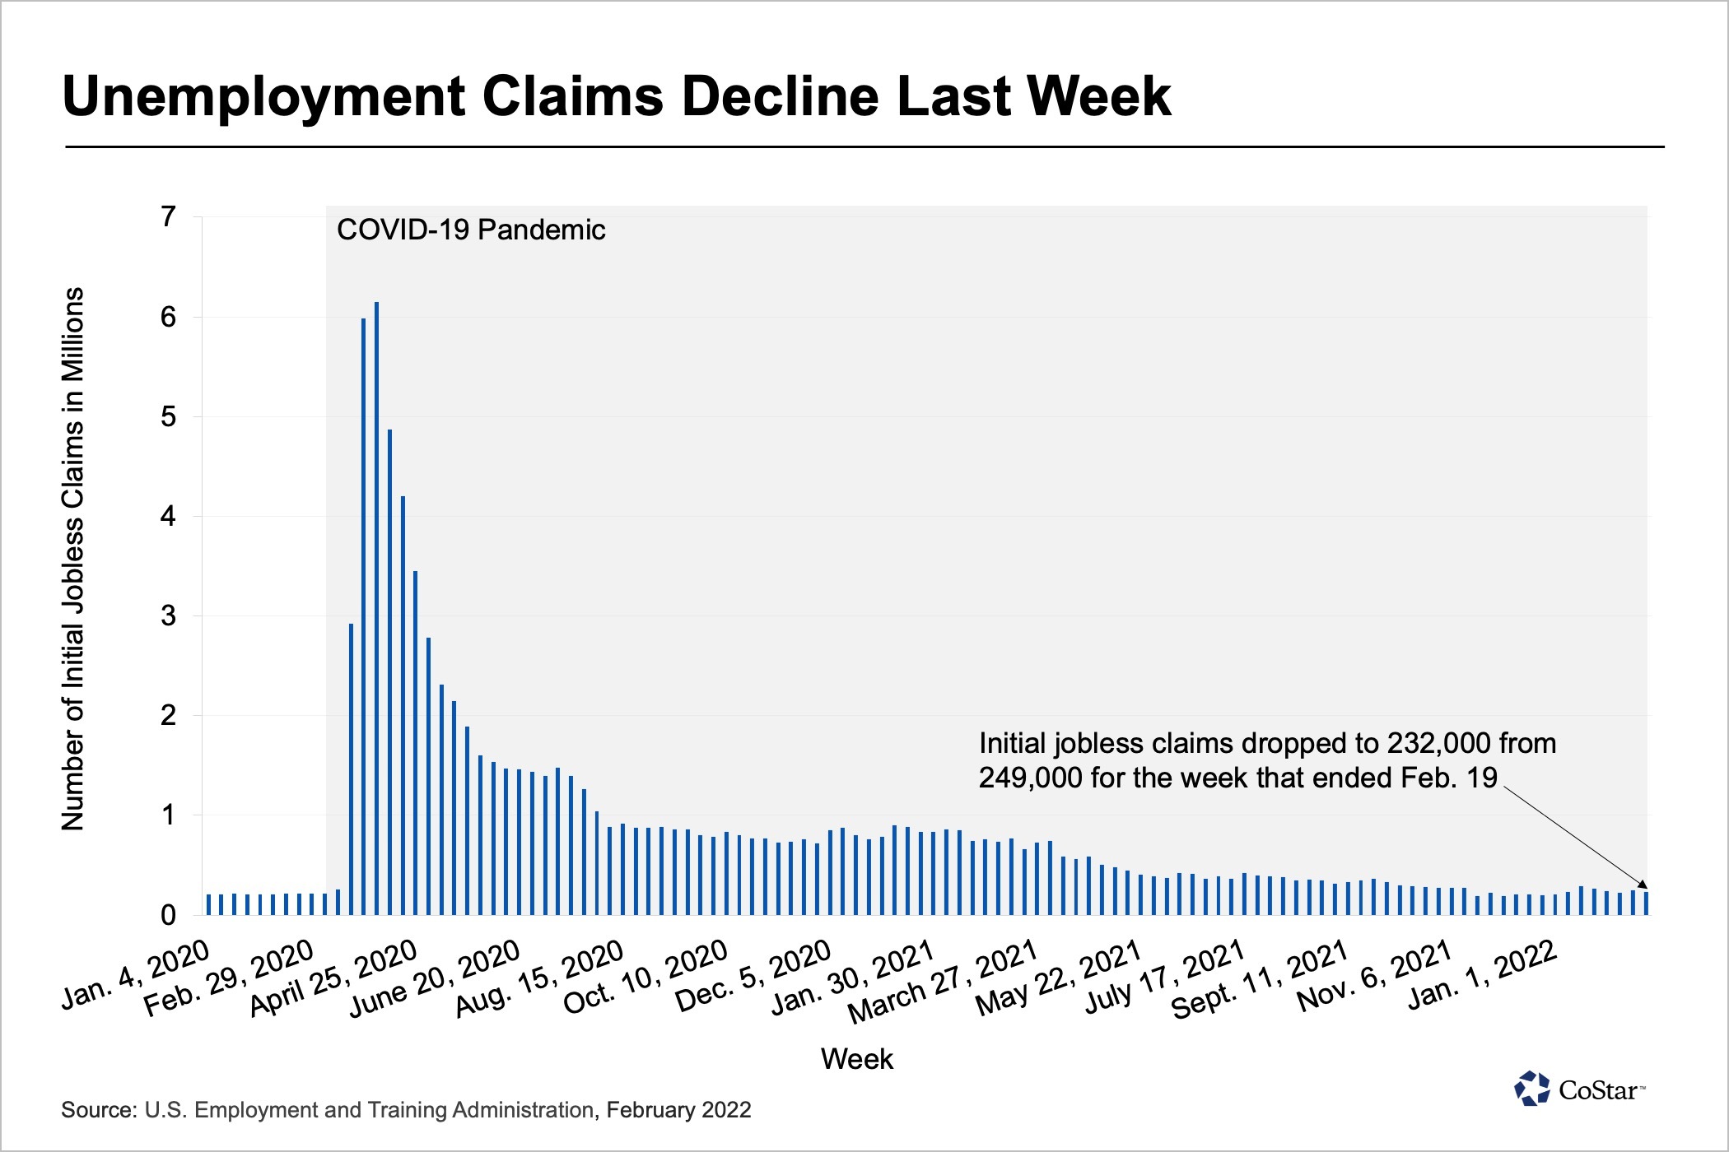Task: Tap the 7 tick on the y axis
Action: [x=169, y=217]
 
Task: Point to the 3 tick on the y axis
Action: [x=169, y=615]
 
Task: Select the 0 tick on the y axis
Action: [x=169, y=915]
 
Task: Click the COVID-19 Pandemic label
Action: [x=471, y=230]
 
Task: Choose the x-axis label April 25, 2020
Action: [x=334, y=978]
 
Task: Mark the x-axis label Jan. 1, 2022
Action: [x=1482, y=974]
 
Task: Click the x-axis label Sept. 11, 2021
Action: [x=1260, y=978]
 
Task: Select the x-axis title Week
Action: [x=856, y=1059]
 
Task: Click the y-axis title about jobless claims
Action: [x=73, y=560]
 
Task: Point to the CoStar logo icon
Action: [x=1532, y=1089]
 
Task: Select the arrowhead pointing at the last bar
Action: [x=1643, y=884]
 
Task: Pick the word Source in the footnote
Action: [x=98, y=1110]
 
